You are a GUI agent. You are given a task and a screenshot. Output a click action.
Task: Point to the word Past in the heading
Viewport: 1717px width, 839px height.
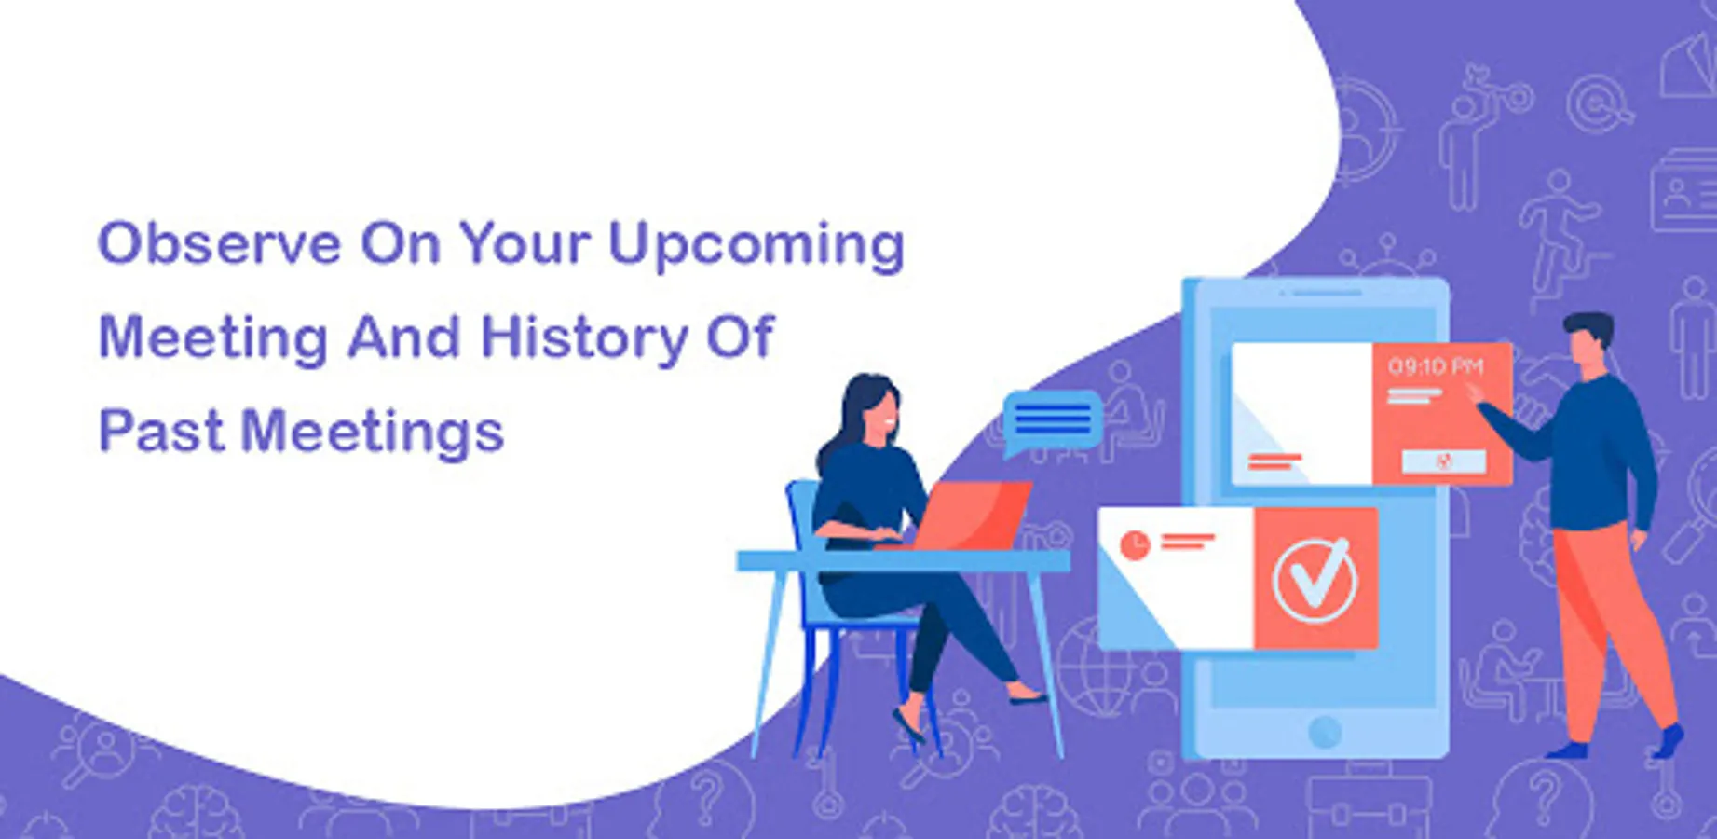pos(161,432)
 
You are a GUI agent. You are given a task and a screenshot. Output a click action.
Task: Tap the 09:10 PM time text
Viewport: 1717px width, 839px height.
pos(1435,366)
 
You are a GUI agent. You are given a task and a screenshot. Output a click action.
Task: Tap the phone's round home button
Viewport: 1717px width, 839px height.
pos(1324,732)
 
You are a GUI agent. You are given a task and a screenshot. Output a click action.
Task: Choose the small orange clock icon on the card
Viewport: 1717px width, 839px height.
pos(1134,545)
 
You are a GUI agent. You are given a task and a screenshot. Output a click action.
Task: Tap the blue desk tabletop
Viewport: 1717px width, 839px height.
pos(903,561)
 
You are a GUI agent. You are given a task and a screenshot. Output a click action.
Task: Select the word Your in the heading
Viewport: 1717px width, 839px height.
pos(525,244)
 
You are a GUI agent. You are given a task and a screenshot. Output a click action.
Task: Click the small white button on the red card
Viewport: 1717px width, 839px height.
pos(1444,461)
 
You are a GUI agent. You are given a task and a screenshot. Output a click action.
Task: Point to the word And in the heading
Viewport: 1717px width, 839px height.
pos(403,337)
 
